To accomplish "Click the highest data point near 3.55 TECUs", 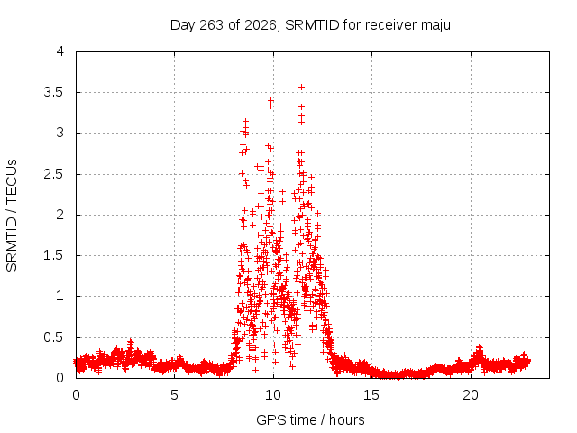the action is [x=301, y=88].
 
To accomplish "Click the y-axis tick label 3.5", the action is [x=54, y=92].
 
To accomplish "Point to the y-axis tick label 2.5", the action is [x=54, y=174].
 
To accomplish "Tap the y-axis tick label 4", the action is [x=60, y=51].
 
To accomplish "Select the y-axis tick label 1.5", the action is [x=54, y=255].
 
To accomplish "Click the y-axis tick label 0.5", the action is [x=54, y=337].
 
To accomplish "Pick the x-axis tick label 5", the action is [x=174, y=395].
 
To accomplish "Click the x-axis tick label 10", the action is [x=273, y=395].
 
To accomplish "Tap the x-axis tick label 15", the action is [x=371, y=395].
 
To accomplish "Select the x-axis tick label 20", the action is [x=471, y=395].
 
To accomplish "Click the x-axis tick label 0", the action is [x=76, y=395].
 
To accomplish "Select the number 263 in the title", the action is [x=211, y=25].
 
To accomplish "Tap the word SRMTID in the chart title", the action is [x=312, y=25].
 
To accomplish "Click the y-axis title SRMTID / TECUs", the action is [x=12, y=216].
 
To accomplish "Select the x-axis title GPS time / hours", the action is [x=310, y=419].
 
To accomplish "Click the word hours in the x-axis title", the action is [x=346, y=419].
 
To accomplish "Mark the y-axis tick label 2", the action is [x=60, y=215].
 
